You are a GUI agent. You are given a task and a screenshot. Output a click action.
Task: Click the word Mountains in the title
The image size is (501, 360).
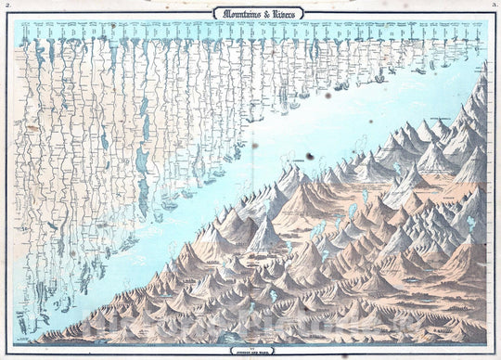tap(231, 13)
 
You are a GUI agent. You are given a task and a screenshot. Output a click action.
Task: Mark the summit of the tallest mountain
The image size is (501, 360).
tap(483, 67)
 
